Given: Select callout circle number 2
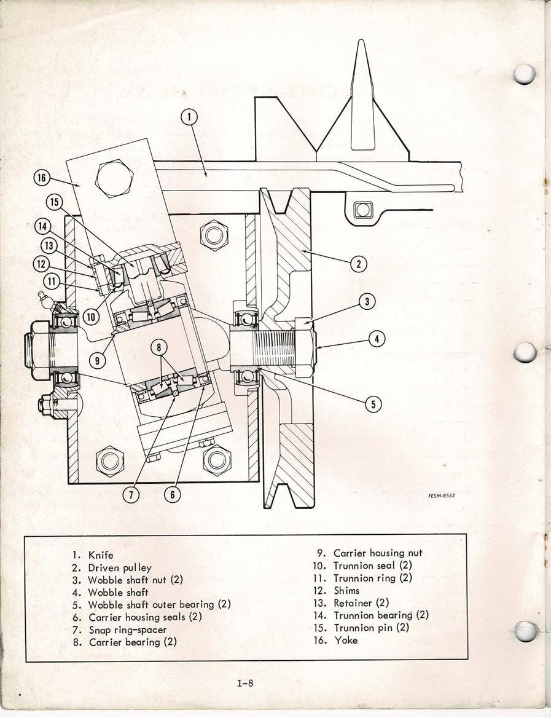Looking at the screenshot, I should point(358,264).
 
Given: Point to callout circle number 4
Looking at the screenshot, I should point(377,339).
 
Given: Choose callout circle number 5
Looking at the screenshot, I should point(372,404).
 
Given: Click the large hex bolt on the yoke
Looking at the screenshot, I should point(114,178).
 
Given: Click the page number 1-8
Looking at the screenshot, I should point(244,682).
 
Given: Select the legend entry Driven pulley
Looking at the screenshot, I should point(119,567).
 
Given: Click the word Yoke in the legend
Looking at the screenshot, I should point(346,640).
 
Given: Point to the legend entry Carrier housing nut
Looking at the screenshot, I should point(377,553).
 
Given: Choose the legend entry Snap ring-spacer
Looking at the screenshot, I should point(127,629).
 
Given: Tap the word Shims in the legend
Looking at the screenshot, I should point(346,590).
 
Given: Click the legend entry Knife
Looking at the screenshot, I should point(101,555).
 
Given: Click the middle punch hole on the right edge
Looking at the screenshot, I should point(525,352).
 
